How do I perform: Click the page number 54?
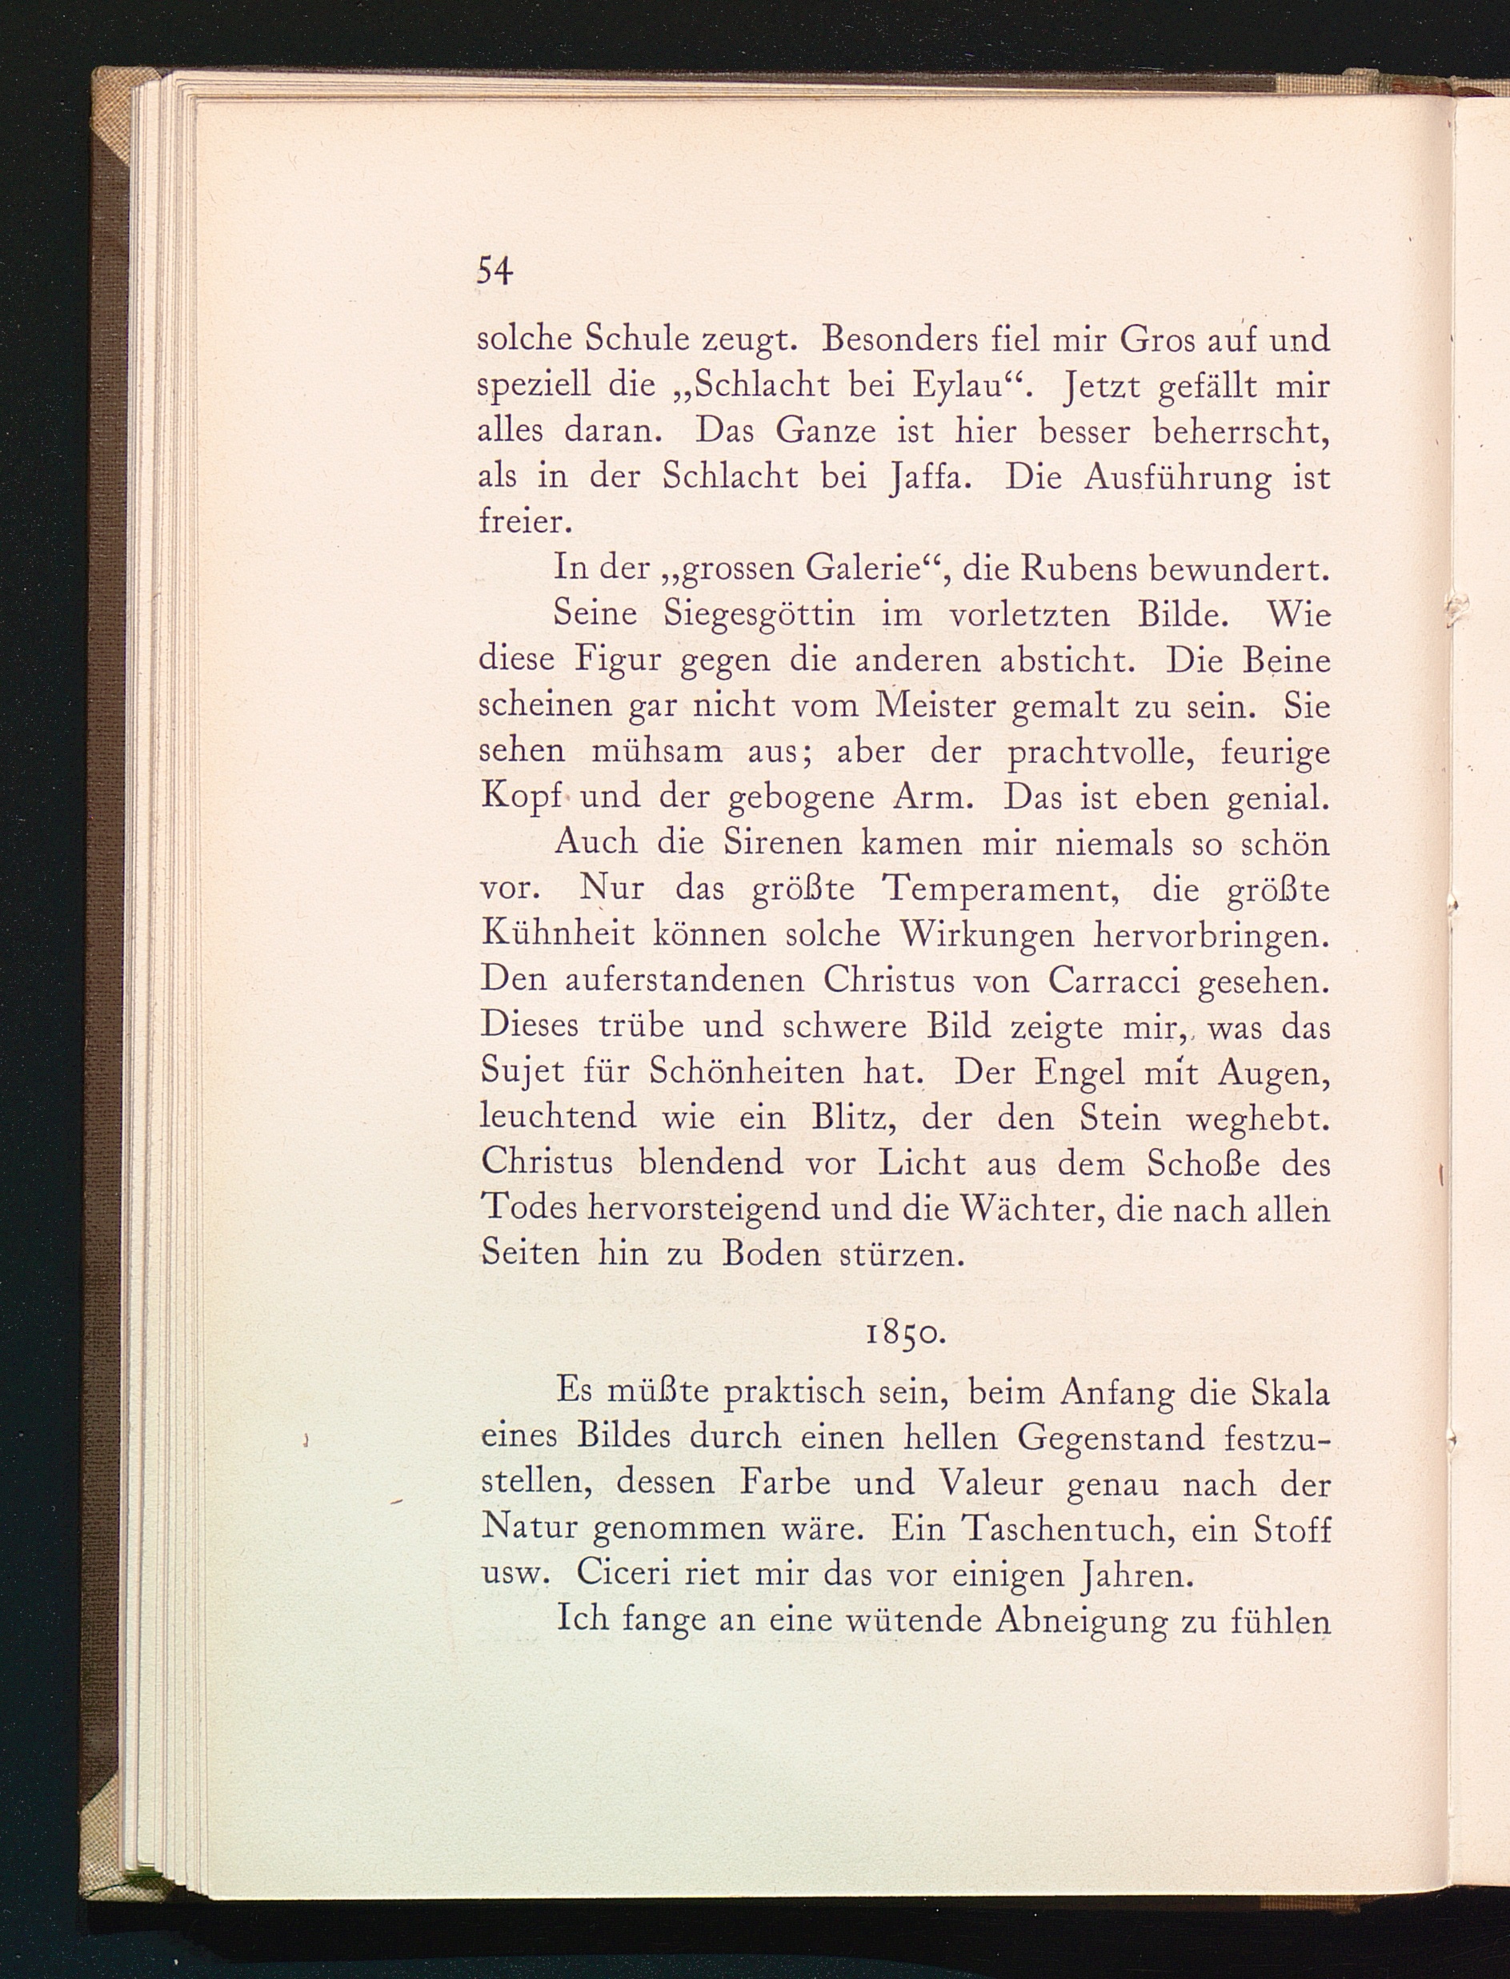click(494, 270)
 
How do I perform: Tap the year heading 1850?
click(904, 1334)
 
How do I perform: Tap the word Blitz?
click(851, 1118)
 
